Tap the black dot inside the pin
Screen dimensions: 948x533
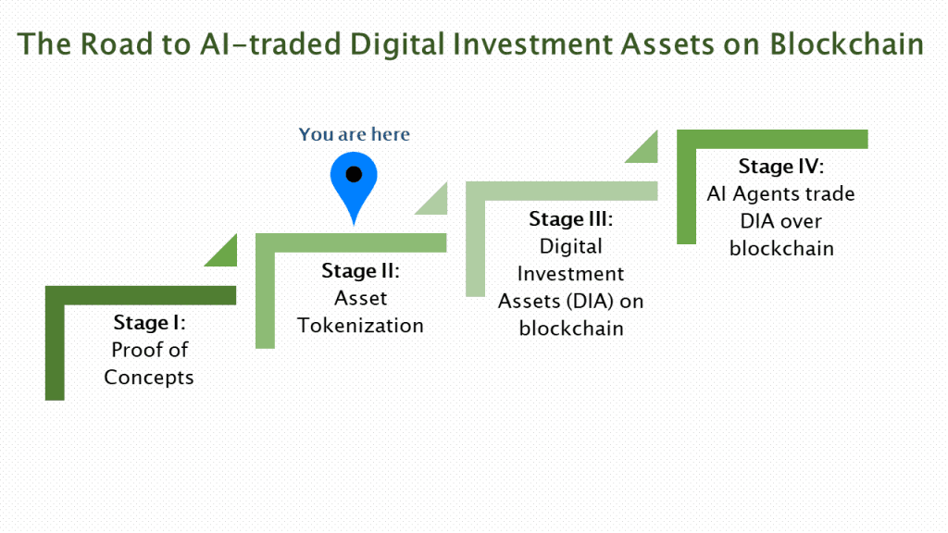click(x=354, y=175)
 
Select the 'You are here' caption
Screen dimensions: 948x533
click(x=355, y=134)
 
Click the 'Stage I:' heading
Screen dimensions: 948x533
click(x=149, y=323)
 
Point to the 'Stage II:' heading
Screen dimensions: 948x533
click(x=360, y=271)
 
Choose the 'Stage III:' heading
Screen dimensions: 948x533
click(x=570, y=218)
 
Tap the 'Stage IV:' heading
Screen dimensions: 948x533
click(x=781, y=167)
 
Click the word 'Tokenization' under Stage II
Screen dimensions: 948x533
click(x=360, y=326)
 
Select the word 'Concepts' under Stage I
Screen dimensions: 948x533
click(x=149, y=378)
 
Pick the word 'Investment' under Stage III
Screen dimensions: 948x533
click(x=570, y=274)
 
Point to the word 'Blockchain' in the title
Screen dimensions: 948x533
click(x=846, y=44)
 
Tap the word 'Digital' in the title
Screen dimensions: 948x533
click(x=397, y=45)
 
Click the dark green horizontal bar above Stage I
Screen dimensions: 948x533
click(x=141, y=295)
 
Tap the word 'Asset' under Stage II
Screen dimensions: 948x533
click(x=360, y=299)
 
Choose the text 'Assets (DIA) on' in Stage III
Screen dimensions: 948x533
click(x=570, y=302)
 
